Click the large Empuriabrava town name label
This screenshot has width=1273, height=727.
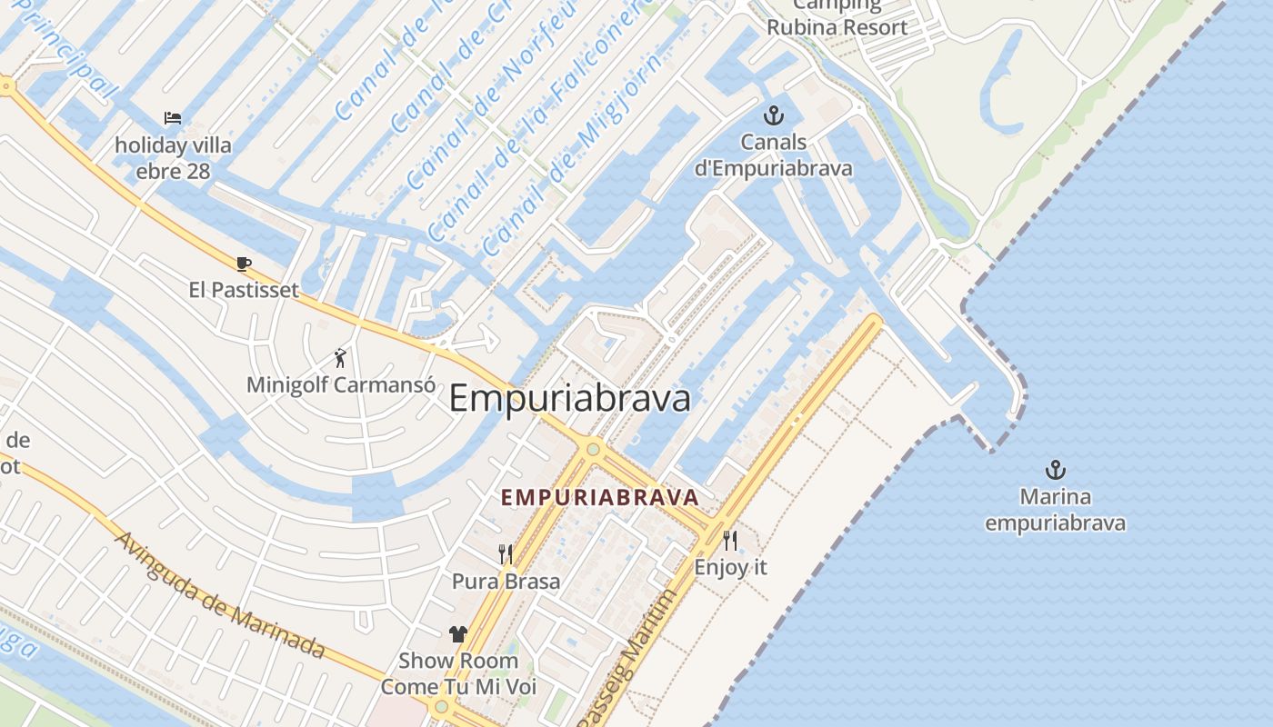tap(570, 399)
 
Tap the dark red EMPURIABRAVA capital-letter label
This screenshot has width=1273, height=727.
tap(600, 498)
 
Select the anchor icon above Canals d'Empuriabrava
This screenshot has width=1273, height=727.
tap(773, 115)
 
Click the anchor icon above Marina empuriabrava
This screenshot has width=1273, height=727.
tap(1055, 470)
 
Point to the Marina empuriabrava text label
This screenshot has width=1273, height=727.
tap(1055, 511)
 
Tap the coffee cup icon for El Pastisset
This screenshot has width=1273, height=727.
tap(243, 264)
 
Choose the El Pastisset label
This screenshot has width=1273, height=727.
tap(244, 290)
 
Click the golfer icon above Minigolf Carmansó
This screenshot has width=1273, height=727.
tap(340, 358)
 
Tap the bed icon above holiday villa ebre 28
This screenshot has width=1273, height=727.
tap(173, 118)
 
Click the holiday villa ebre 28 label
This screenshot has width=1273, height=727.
tap(173, 158)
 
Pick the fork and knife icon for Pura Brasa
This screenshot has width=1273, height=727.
tap(506, 553)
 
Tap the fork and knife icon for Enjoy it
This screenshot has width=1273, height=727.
tap(730, 541)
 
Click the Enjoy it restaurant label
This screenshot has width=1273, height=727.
tap(730, 568)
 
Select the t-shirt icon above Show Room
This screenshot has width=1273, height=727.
tap(458, 634)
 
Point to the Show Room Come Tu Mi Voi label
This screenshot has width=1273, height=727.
tap(458, 673)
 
